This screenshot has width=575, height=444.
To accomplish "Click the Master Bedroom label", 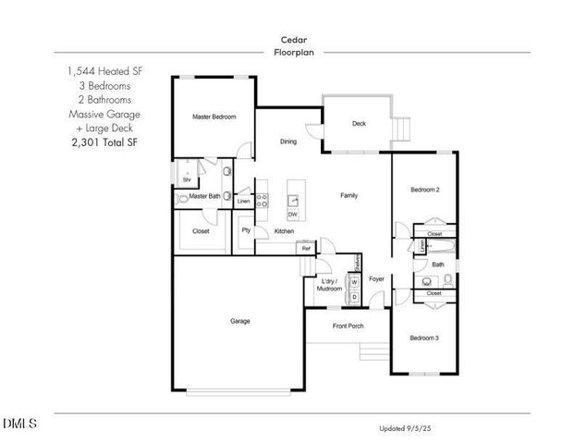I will tap(214, 117).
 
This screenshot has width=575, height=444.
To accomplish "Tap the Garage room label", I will tap(240, 321).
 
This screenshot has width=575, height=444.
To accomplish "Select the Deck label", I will tap(360, 124).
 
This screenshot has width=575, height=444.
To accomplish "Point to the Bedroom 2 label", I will tap(424, 190).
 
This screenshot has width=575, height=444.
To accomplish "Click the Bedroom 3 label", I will tap(424, 338).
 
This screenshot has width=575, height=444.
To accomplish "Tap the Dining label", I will tap(288, 142).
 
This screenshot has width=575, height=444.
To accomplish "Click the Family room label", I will tap(349, 195).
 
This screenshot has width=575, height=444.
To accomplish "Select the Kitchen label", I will tap(285, 231).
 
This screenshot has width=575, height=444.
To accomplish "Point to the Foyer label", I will tap(376, 278).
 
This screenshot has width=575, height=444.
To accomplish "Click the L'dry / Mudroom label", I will tap(330, 284).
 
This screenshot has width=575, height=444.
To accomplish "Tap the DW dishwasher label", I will tap(292, 215).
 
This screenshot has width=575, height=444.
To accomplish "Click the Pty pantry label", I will tap(246, 230).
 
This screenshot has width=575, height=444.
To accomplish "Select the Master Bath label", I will tap(205, 196).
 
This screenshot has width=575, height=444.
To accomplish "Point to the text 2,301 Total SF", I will tap(104, 143).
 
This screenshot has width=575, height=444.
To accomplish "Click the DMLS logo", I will tap(19, 424).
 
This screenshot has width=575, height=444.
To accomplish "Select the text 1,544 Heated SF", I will tap(104, 70).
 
